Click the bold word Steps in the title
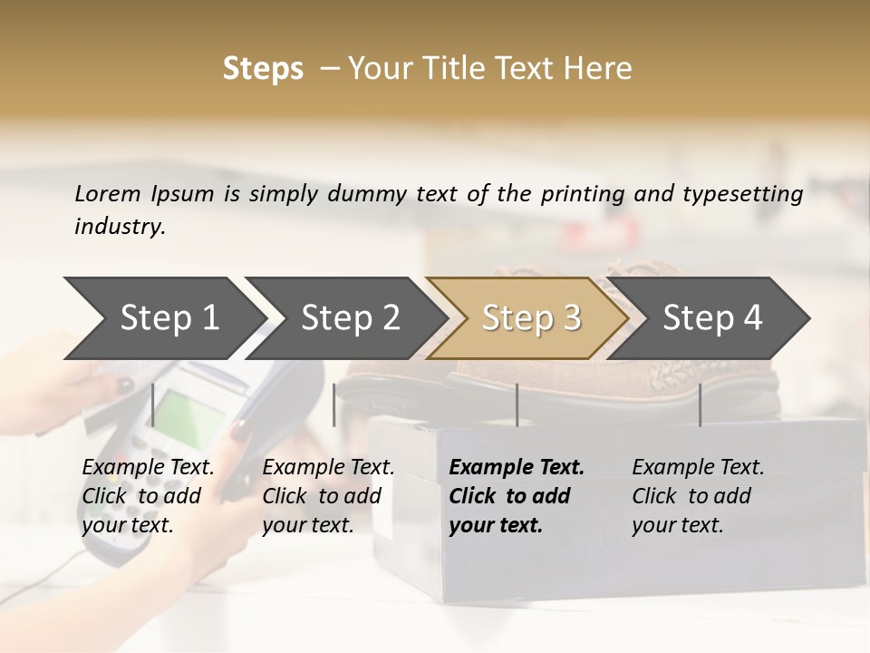pos(263,69)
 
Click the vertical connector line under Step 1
pos(153,404)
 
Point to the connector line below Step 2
pos(334,404)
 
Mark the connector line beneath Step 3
pos(517,404)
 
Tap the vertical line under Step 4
pos(700,404)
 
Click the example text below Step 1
pos(149,496)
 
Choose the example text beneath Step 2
pos(328,496)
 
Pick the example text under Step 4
pos(698,496)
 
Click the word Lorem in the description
pos(108,193)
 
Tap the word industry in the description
pos(119,227)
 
